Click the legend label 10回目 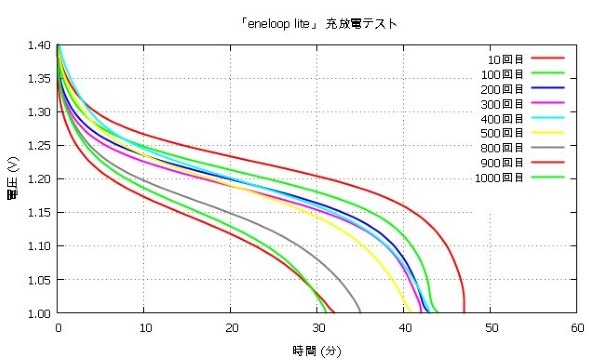[502, 58]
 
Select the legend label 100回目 [499, 73]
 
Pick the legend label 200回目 [499, 88]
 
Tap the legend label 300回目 [499, 103]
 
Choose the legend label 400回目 [499, 118]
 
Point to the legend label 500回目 [499, 133]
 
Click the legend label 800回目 [499, 148]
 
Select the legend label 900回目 [499, 163]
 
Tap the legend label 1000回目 [496, 178]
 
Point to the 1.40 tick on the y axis [39, 45]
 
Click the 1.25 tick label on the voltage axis [39, 145]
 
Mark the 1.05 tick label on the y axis [39, 279]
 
